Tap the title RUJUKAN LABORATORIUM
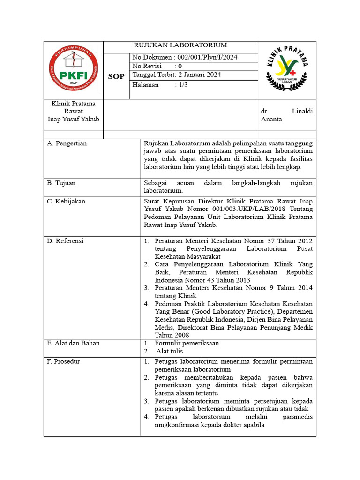point(180,45)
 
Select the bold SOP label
point(116,76)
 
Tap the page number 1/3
point(181,85)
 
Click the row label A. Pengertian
point(67,143)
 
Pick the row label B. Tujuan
point(61,183)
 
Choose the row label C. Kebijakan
point(66,201)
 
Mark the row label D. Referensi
point(65,241)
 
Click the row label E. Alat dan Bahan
point(73,343)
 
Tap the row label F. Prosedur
point(64,361)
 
